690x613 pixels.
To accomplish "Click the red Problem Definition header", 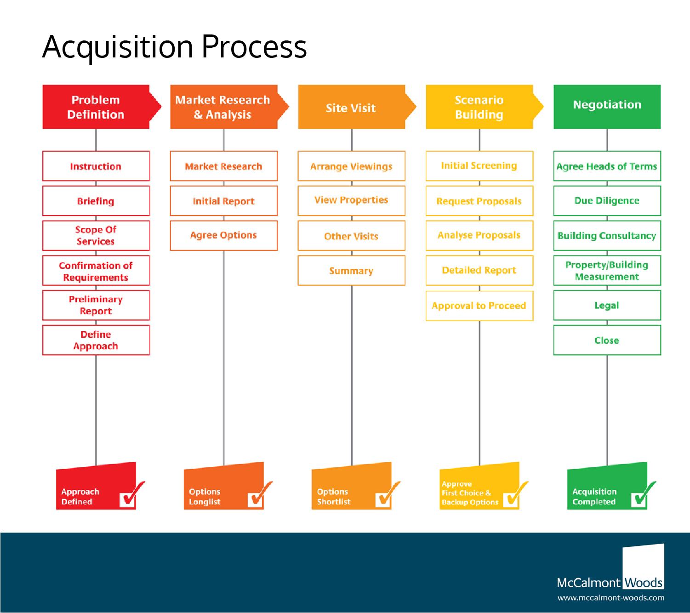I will tap(96, 107).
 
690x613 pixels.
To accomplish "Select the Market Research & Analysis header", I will tap(223, 107).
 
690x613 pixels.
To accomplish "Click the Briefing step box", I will tap(96, 201).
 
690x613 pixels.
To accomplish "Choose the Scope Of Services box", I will tap(96, 235).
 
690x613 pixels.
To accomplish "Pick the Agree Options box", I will tap(223, 235).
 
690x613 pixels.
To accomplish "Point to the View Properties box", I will tap(351, 200).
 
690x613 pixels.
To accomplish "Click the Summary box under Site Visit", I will tap(351, 271).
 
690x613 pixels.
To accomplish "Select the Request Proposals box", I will tap(479, 201).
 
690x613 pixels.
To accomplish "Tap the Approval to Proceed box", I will tap(479, 306).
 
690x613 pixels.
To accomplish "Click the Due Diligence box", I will tap(607, 201).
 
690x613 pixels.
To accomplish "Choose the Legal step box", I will tap(607, 305).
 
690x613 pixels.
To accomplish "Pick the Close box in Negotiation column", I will tap(607, 340).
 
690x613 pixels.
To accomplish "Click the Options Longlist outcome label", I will tap(205, 497).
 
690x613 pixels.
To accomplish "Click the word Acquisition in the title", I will tap(118, 47).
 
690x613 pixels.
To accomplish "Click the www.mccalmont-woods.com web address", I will tap(611, 598).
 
